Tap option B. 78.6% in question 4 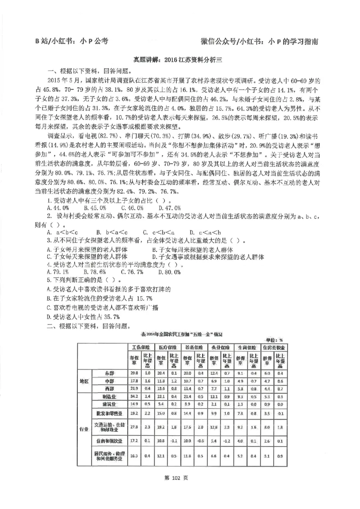click(95, 272)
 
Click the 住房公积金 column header click(275, 348)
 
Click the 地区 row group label click(84, 381)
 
